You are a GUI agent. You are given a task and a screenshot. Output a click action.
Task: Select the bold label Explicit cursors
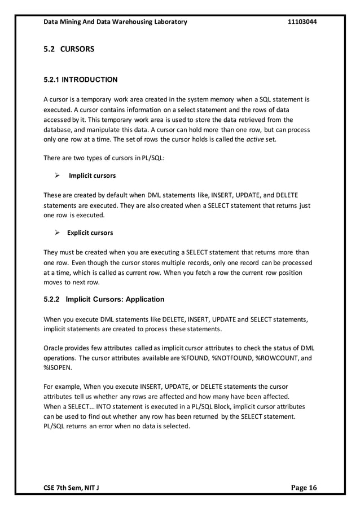click(x=90, y=232)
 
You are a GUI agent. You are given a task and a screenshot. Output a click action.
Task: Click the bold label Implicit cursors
click(x=91, y=175)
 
